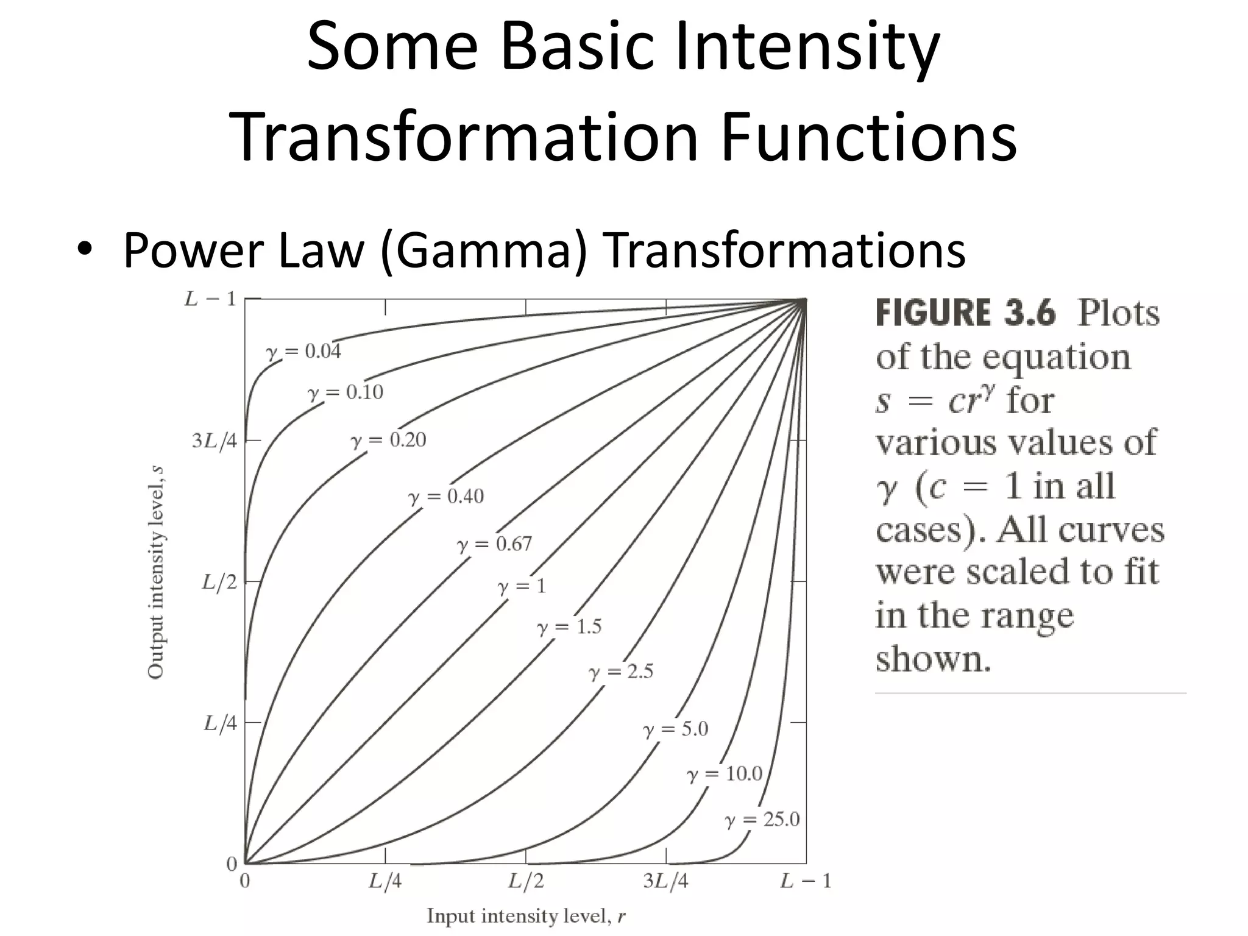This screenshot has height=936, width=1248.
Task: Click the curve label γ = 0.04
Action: coord(303,352)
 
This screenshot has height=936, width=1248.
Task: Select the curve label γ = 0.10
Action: coord(346,392)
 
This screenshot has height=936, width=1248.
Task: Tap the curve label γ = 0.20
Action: coord(388,440)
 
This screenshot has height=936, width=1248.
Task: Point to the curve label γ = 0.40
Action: coord(446,497)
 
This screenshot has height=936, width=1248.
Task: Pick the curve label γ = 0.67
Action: coord(494,544)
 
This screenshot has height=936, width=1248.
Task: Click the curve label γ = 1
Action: coord(522,586)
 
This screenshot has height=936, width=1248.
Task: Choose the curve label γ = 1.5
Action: coord(569,627)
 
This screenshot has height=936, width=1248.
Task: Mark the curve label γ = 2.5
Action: coord(621,672)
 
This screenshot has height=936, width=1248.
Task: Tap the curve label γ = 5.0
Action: coord(676,729)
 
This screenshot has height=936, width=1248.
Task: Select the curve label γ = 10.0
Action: coord(725,775)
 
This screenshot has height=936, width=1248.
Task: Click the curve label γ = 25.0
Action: coord(762,820)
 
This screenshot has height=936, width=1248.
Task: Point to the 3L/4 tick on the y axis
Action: coord(214,441)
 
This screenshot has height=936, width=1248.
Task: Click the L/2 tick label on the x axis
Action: coord(526,882)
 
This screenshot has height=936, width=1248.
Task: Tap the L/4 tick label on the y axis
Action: coord(220,723)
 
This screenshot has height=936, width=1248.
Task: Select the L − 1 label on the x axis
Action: coord(806,882)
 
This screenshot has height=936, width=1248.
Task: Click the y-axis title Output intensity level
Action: coord(156,572)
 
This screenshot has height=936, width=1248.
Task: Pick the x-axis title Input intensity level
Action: coord(526,916)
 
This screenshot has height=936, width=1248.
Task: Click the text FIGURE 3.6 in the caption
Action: coord(965,313)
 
